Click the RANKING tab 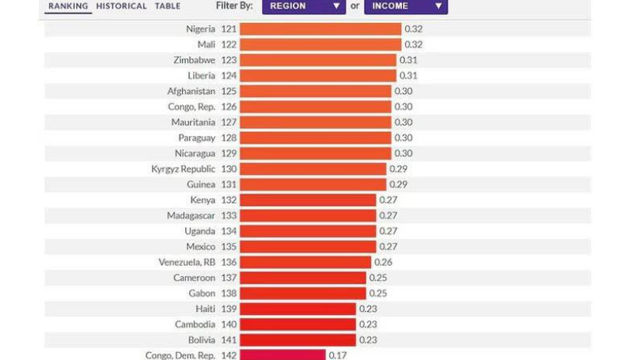(67, 6)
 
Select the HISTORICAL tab (121, 6)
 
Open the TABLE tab (167, 6)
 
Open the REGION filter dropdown (304, 6)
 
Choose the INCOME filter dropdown (405, 6)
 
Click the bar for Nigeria (320, 29)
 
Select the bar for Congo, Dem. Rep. (282, 355)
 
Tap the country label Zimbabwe (194, 60)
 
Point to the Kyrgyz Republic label (183, 169)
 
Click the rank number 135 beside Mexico (229, 247)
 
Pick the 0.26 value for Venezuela (383, 262)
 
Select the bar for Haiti (298, 309)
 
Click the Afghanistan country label (191, 91)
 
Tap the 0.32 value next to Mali (414, 45)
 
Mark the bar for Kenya (308, 200)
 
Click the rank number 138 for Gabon (229, 294)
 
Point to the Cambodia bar (298, 324)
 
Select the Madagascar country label (191, 216)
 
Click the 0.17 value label (338, 355)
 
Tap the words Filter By (234, 6)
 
